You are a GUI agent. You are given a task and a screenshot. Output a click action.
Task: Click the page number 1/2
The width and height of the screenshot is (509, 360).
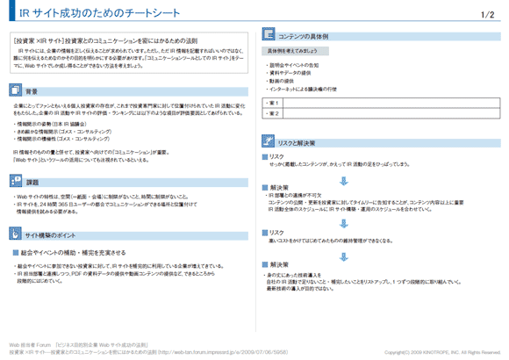click(x=488, y=14)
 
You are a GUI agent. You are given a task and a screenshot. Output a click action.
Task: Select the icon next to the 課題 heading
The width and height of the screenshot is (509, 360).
click(x=17, y=180)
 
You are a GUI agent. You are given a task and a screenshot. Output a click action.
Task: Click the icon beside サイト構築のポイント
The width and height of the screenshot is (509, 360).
click(x=17, y=236)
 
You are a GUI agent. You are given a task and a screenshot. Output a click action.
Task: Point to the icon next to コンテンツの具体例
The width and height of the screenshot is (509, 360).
click(x=267, y=37)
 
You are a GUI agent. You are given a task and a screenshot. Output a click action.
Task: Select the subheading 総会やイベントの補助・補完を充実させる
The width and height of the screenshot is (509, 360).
click(x=74, y=253)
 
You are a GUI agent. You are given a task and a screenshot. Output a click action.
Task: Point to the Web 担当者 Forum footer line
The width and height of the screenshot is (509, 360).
click(x=78, y=345)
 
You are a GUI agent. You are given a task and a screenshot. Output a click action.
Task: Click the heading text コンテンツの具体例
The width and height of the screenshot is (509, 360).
click(x=303, y=37)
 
